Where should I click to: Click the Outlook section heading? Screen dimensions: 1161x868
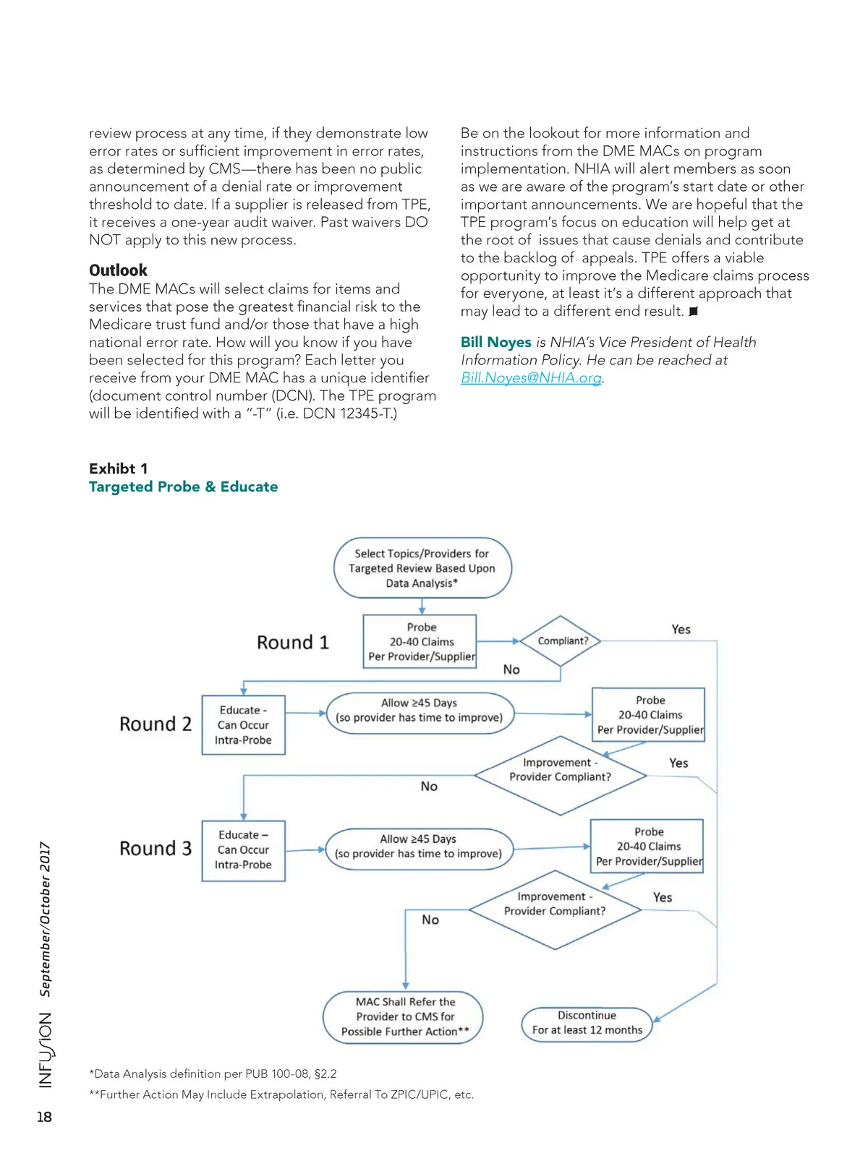(118, 270)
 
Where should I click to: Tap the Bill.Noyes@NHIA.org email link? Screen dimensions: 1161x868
(531, 377)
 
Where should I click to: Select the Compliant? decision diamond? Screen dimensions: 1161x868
(561, 641)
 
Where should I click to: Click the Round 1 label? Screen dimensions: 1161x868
(293, 642)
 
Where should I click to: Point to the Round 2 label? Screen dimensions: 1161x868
(156, 724)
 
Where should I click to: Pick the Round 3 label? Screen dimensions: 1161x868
(156, 848)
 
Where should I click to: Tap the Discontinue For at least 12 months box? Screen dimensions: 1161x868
(587, 1023)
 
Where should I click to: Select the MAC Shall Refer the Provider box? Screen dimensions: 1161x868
(404, 1016)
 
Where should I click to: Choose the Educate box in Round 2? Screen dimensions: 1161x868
(243, 725)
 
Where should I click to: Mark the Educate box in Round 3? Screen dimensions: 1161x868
(243, 850)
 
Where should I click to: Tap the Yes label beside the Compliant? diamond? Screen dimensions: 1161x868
(681, 630)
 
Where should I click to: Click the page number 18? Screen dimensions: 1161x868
(44, 1117)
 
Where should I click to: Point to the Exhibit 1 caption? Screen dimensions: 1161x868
(118, 468)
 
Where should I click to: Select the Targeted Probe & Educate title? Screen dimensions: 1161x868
(183, 487)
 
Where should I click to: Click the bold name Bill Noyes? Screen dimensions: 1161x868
(496, 342)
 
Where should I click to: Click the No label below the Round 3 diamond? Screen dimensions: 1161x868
(430, 920)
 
